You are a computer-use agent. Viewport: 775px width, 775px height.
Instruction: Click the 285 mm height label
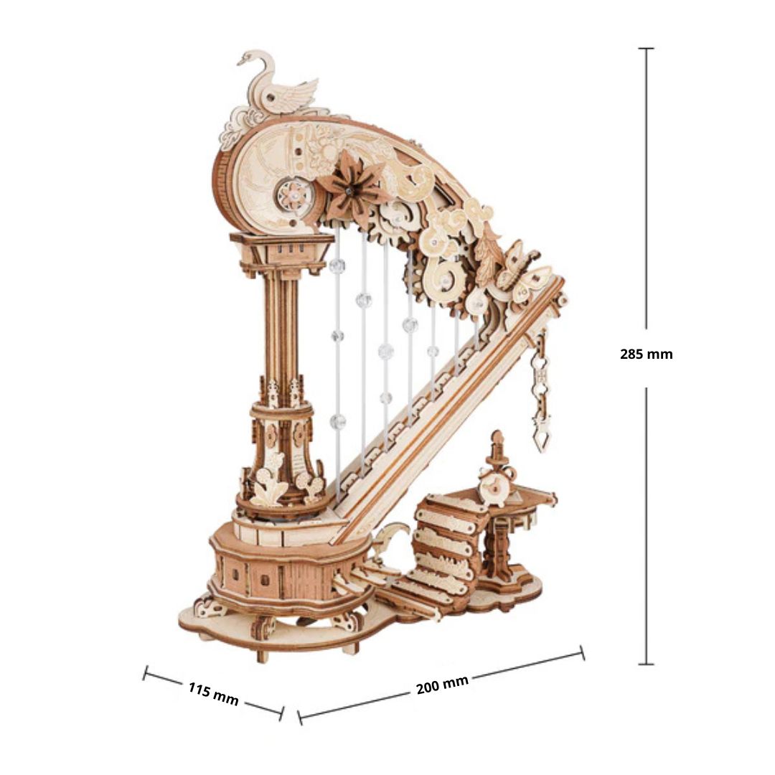pos(646,354)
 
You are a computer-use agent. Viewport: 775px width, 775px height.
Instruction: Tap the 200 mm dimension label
pos(442,685)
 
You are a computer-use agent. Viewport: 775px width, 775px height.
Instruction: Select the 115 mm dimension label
pos(214,693)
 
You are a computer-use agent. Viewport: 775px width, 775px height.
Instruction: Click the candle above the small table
pos(497,446)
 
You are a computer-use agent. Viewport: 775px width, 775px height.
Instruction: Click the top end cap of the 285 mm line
pos(646,49)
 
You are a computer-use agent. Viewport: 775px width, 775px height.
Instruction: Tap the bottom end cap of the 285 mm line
pos(646,664)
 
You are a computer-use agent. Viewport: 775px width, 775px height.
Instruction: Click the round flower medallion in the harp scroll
pos(295,194)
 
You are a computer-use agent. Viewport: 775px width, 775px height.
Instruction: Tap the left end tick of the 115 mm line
pos(145,672)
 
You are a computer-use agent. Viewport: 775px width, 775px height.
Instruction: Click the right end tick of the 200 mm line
pos(582,652)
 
